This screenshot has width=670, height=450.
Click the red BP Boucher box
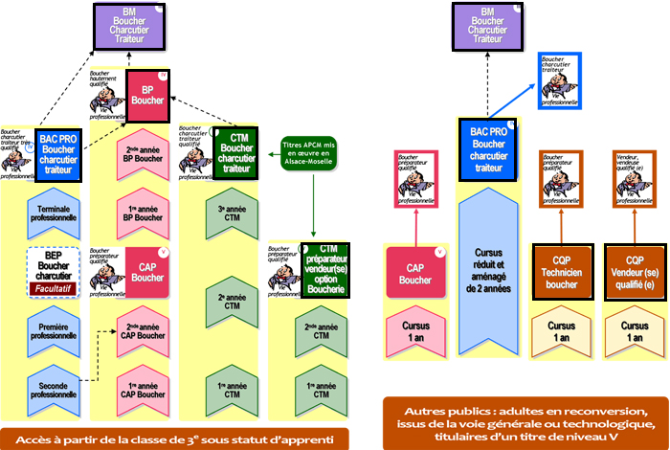148,96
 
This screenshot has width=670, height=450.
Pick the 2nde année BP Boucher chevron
148,154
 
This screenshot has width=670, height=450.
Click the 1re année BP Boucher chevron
148,213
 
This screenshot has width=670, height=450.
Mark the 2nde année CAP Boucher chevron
148,331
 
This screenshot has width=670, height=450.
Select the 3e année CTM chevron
236,213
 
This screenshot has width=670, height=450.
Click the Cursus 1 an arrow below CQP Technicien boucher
562,331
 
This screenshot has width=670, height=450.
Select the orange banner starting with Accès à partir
174,438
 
